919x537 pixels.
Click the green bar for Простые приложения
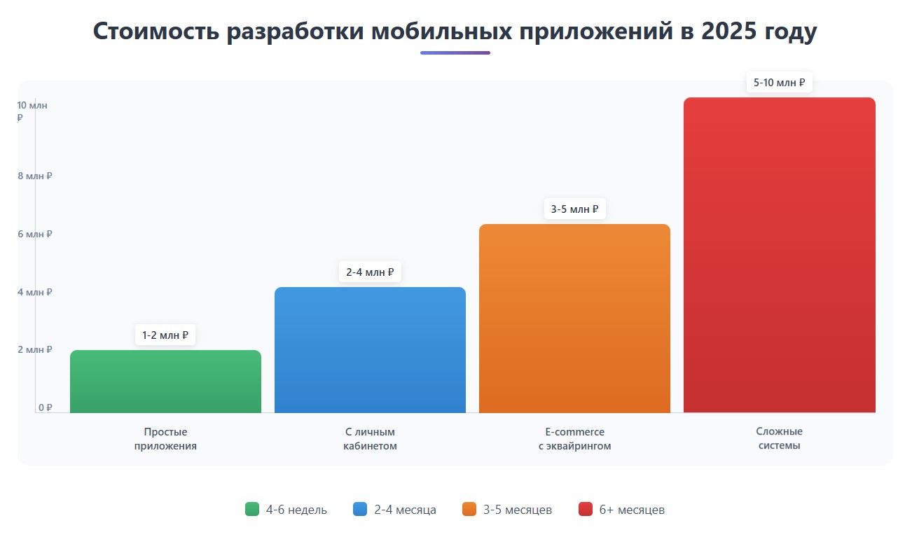(x=165, y=382)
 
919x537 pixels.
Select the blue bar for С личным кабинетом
(x=370, y=350)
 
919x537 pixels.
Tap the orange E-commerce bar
(x=574, y=319)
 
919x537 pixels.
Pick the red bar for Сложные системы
(x=779, y=256)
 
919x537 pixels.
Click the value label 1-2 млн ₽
(x=165, y=335)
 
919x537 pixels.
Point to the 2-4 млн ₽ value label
(x=370, y=272)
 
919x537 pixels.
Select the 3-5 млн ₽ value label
(x=574, y=209)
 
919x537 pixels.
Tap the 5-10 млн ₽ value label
(x=779, y=83)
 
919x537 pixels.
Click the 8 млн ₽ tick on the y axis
(x=35, y=176)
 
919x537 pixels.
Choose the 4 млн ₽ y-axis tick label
(x=35, y=292)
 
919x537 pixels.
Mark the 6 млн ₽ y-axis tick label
(x=35, y=234)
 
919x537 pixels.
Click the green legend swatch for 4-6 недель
(x=252, y=509)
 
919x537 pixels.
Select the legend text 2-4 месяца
(x=405, y=510)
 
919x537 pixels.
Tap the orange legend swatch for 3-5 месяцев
(x=469, y=509)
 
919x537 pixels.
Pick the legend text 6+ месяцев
(x=632, y=510)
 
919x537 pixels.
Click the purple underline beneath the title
(x=455, y=53)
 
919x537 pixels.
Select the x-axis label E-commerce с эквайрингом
(x=574, y=439)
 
